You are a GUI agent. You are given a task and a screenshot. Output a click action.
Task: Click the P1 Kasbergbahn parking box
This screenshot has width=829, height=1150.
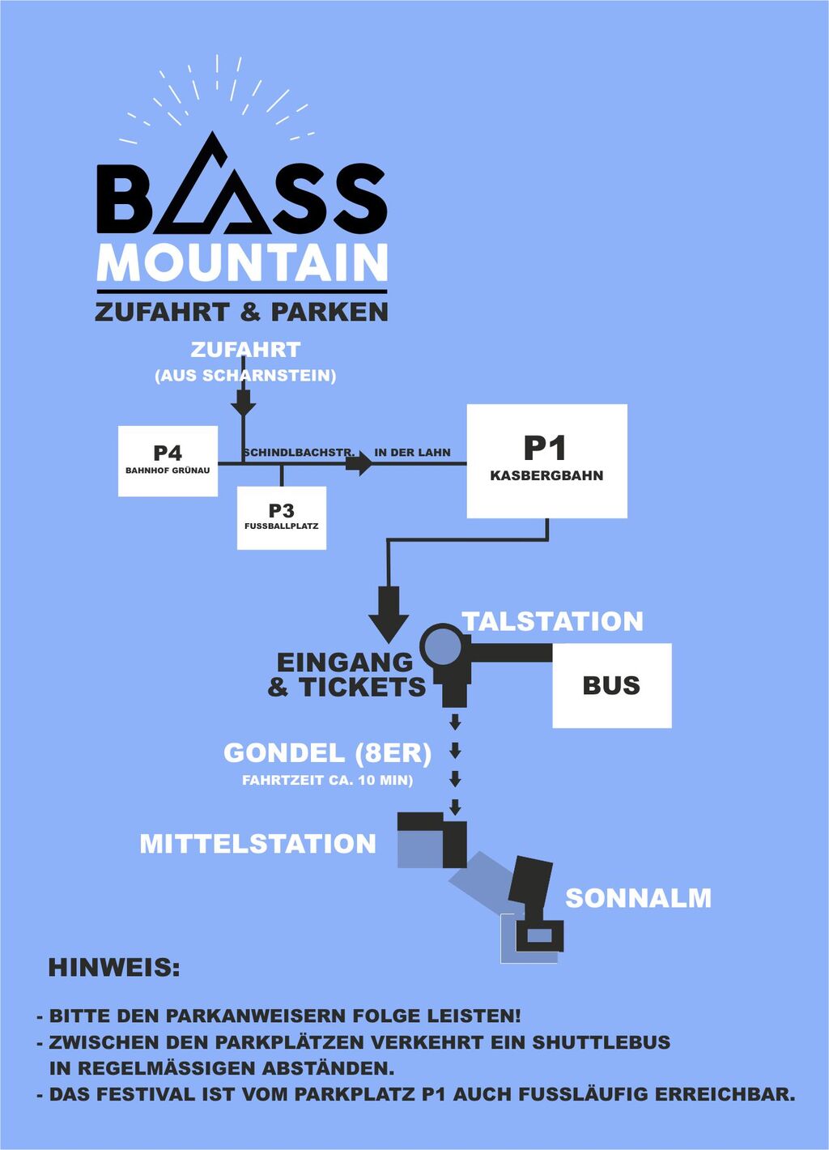pos(546,461)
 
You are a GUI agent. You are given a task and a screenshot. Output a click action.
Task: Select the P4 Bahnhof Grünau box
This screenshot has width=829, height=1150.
pos(168,460)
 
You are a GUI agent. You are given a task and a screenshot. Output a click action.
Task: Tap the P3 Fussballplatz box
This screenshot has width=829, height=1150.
pos(282,517)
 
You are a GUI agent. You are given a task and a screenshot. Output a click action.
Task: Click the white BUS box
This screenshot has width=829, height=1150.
pos(611,685)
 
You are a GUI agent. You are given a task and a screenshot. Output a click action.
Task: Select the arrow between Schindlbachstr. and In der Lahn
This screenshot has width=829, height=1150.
pos(359,464)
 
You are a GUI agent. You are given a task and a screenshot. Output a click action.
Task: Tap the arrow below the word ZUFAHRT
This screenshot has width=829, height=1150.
pos(243,401)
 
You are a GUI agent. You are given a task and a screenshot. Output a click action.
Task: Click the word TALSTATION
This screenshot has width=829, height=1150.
pos(553,621)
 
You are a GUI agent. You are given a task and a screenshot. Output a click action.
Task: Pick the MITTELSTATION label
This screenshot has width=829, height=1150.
pos(257,844)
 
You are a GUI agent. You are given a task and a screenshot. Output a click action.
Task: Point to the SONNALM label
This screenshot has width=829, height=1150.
pos(638,898)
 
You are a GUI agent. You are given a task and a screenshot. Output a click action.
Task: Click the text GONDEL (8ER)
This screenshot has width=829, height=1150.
pos(327,753)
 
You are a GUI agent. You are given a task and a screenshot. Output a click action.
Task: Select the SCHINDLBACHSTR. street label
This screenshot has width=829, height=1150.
pos(299,453)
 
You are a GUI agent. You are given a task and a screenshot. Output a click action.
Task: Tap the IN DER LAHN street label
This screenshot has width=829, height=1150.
pos(412,453)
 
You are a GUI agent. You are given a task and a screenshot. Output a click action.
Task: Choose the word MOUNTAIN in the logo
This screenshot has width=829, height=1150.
pos(242,262)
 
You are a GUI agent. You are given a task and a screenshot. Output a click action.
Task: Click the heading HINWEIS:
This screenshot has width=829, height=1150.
pos(114,968)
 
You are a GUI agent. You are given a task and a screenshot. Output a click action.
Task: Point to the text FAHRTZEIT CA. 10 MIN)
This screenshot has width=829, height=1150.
pos(327,781)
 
